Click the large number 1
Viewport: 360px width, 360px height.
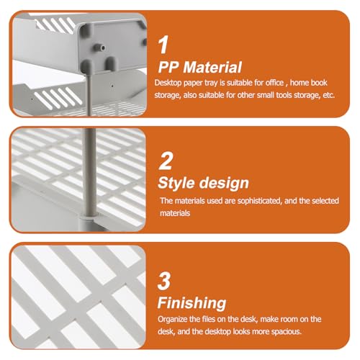point(163,45)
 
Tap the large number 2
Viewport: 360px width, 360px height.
point(166,161)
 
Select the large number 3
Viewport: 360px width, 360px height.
point(164,281)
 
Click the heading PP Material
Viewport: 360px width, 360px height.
point(200,67)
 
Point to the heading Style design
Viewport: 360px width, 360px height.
point(203,183)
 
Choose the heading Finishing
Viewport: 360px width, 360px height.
point(192,303)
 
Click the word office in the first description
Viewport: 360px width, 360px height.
point(274,83)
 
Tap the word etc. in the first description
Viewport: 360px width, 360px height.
point(328,95)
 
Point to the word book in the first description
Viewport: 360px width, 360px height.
point(318,83)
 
